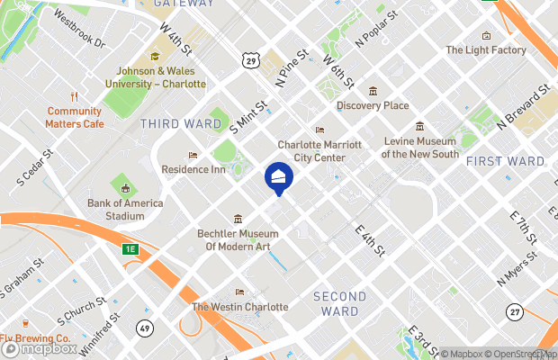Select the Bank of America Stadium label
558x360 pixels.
coord(125,210)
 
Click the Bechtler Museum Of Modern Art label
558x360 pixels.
coord(238,239)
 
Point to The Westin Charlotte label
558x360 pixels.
coord(239,307)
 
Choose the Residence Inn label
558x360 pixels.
coord(193,168)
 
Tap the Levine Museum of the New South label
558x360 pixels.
coord(420,148)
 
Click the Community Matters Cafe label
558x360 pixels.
coord(76,117)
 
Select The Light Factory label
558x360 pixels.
coord(485,50)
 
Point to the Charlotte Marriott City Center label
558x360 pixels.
coord(319,150)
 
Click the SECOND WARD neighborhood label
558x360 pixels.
coord(339,304)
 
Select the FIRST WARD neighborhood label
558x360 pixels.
coord(505,161)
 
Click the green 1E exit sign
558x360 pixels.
coord(131,248)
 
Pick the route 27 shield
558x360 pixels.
coord(514,311)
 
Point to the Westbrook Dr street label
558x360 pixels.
coord(79,29)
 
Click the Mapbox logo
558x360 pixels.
coord(38,348)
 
